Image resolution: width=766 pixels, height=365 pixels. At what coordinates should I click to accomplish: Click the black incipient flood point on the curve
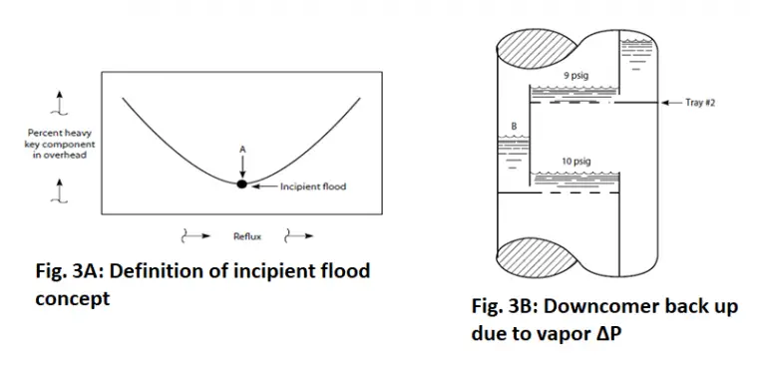240,183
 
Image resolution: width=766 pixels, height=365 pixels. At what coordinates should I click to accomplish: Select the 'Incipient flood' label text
312,186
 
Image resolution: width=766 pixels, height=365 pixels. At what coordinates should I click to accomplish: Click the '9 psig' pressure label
569,76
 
